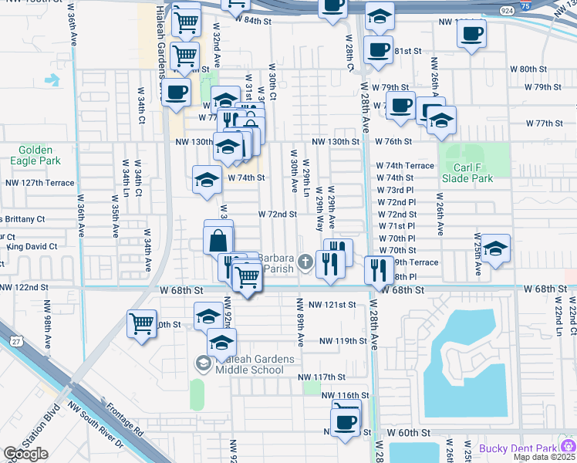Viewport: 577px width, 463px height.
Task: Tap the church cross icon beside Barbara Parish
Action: click(305, 262)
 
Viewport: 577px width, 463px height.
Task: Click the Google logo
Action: click(25, 454)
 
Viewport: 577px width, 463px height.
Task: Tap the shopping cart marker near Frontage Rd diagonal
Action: click(142, 323)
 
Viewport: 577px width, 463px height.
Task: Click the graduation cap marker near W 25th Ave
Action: click(496, 248)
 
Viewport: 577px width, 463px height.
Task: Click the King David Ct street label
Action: click(32, 247)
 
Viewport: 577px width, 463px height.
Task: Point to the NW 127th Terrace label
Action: click(40, 184)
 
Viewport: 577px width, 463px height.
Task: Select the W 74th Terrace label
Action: click(405, 166)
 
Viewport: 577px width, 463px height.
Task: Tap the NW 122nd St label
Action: click(24, 287)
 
